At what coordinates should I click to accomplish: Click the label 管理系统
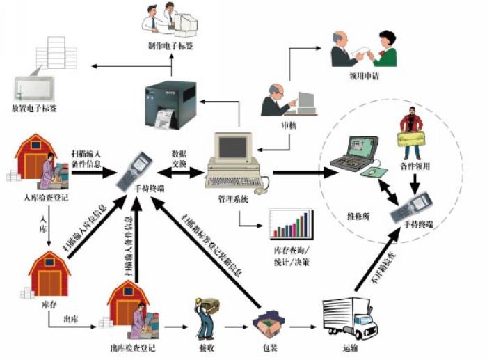point(232,199)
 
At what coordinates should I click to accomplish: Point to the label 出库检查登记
point(134,347)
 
